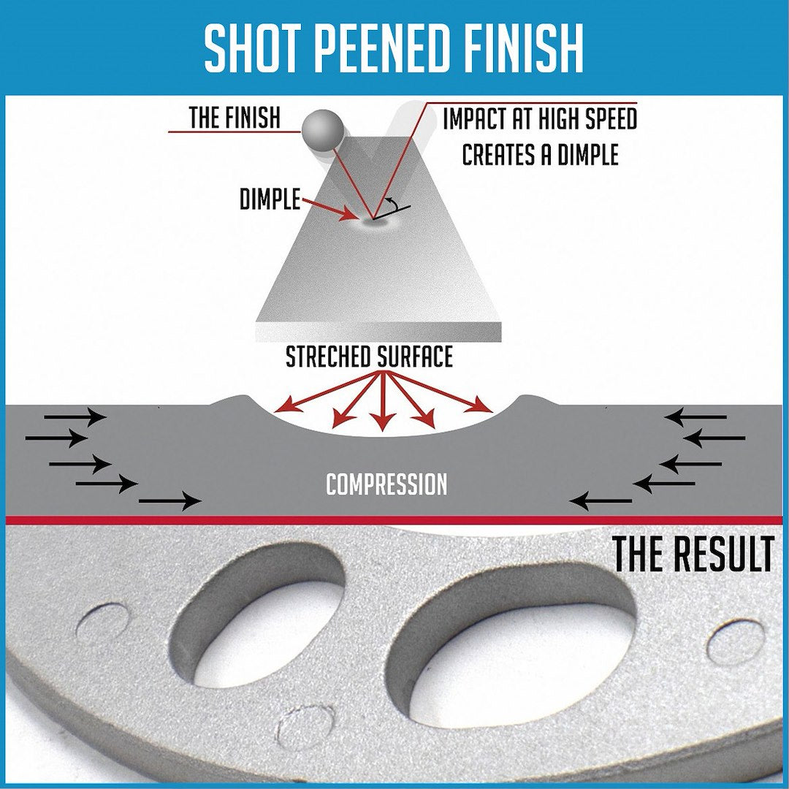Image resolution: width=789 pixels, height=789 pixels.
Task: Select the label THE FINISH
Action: click(x=234, y=118)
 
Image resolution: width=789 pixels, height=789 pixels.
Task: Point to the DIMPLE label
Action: click(x=270, y=199)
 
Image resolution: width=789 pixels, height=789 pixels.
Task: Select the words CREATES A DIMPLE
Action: click(x=540, y=155)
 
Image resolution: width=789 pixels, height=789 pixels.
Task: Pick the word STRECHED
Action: click(x=328, y=357)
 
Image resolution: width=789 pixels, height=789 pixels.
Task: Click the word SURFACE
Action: click(x=416, y=357)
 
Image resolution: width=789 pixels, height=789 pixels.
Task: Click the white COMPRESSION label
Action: click(x=386, y=484)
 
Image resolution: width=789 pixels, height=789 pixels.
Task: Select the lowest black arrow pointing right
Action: click(x=169, y=501)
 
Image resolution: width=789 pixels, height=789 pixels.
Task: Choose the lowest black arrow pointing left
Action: click(x=601, y=501)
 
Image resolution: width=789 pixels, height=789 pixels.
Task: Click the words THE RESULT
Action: click(x=692, y=555)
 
